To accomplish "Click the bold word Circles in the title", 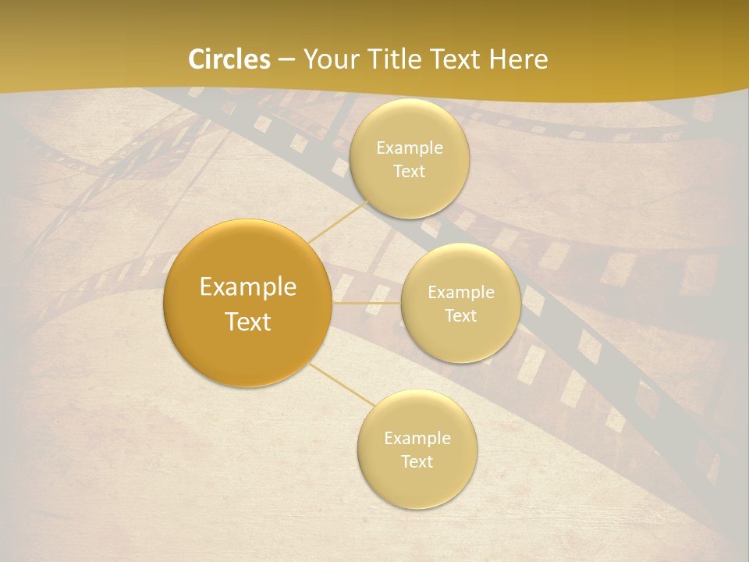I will coord(229,59).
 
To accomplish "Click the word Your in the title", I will coord(329,59).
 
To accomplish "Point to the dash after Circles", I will coord(286,60).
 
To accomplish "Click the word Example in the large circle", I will coord(248,287).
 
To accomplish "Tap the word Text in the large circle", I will coord(248,322).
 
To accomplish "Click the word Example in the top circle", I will coord(410,148).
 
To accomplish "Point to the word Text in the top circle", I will coord(410,171).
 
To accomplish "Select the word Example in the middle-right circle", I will coord(461,292).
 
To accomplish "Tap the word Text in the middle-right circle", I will coord(461,315).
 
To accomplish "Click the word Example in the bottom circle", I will coord(417,438).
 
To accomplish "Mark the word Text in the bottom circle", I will coord(417,461).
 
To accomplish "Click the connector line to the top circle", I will coord(337,222).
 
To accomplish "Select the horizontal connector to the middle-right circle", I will coord(367,303).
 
